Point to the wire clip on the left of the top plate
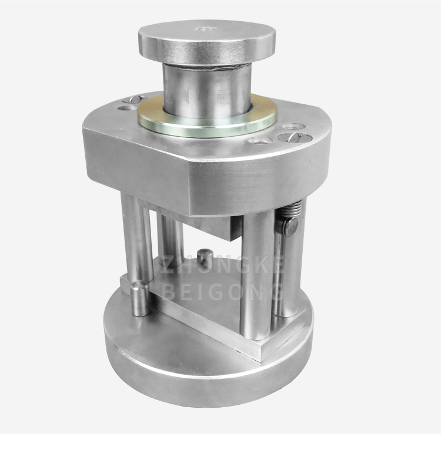135,99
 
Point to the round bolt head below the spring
290,226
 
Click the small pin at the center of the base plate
203,257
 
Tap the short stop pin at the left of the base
138,298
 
